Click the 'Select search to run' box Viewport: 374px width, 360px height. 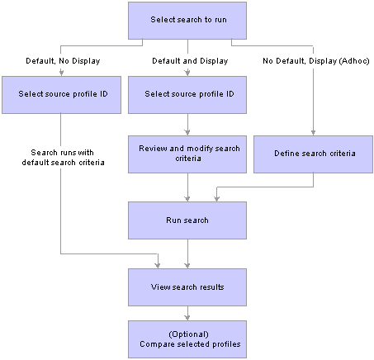(187, 21)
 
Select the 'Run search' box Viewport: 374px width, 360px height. (187, 220)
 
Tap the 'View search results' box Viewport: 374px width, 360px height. (187, 287)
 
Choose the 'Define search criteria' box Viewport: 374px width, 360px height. (313, 154)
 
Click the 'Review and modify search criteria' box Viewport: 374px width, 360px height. (187, 154)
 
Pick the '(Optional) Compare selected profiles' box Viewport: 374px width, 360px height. (187, 339)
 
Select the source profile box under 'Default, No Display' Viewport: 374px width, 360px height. (61, 95)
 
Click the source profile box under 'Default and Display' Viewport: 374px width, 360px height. (187, 95)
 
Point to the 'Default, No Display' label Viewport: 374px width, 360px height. (63, 61)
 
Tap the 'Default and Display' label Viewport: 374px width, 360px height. (190, 61)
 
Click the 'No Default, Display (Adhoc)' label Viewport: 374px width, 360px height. (316, 61)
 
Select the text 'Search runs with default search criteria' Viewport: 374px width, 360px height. (63, 158)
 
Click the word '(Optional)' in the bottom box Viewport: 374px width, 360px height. (188, 334)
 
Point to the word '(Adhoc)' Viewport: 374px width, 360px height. (353, 61)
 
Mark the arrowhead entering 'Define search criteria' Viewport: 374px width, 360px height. (313, 133)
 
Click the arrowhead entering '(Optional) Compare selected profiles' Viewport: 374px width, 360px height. (187, 318)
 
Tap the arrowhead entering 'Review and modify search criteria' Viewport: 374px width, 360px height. (187, 133)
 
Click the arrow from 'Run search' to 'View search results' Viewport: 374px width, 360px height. (187, 253)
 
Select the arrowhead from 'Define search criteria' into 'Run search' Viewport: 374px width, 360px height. (217, 199)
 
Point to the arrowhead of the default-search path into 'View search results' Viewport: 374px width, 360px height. (158, 266)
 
